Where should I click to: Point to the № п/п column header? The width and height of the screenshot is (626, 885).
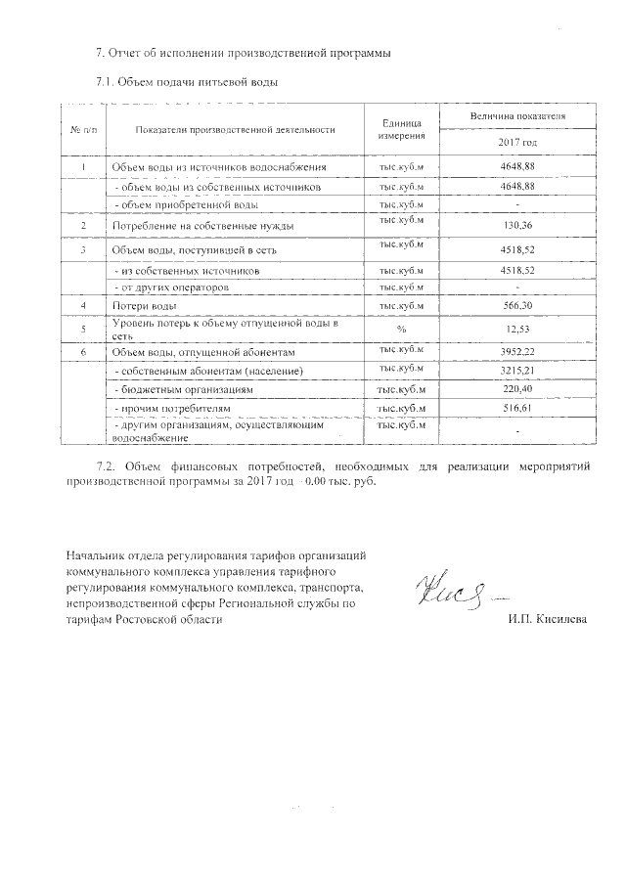[x=84, y=129]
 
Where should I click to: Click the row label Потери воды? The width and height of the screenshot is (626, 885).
[x=144, y=307]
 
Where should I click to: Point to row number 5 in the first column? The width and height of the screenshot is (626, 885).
[x=84, y=329]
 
